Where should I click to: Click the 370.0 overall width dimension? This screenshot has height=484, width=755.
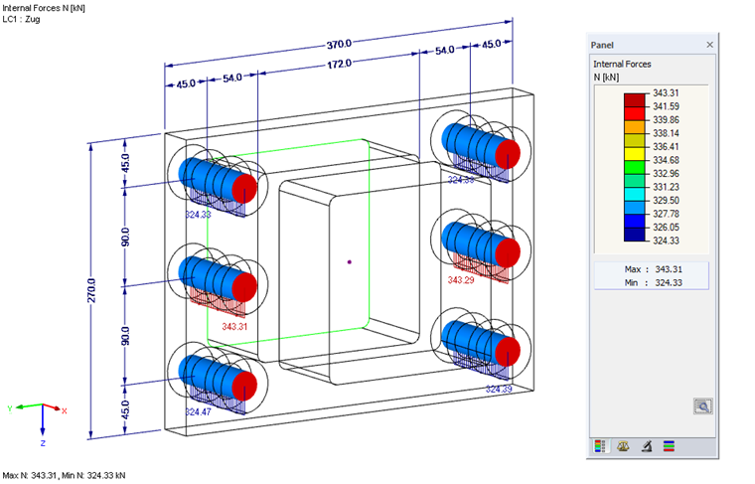point(339,44)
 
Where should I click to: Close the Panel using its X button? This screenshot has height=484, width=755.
point(709,45)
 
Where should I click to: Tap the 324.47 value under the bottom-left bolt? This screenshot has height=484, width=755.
point(199,409)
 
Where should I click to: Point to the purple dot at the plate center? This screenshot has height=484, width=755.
point(350,262)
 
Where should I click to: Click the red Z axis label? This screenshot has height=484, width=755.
point(44,442)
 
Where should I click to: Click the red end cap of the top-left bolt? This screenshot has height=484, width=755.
point(245,188)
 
